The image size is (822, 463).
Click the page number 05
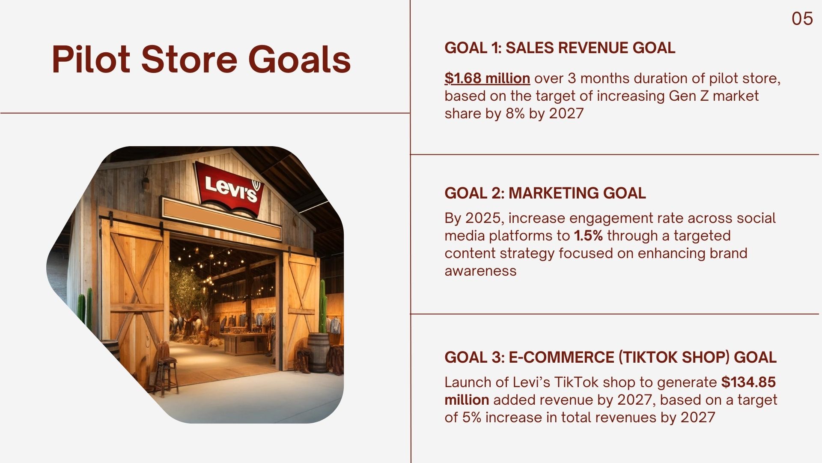point(802,19)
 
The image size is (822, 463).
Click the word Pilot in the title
point(91,59)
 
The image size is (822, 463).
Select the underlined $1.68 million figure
point(487,78)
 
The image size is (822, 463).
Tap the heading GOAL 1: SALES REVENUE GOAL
point(560,48)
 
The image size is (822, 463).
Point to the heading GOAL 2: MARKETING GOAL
point(545,193)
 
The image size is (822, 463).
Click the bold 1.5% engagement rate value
point(588,236)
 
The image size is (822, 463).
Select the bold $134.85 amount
point(748,382)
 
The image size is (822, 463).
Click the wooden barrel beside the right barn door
point(319,352)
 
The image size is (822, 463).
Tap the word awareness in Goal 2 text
point(480,271)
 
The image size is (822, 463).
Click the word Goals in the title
point(299,59)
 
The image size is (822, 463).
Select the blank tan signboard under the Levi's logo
point(221,218)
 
